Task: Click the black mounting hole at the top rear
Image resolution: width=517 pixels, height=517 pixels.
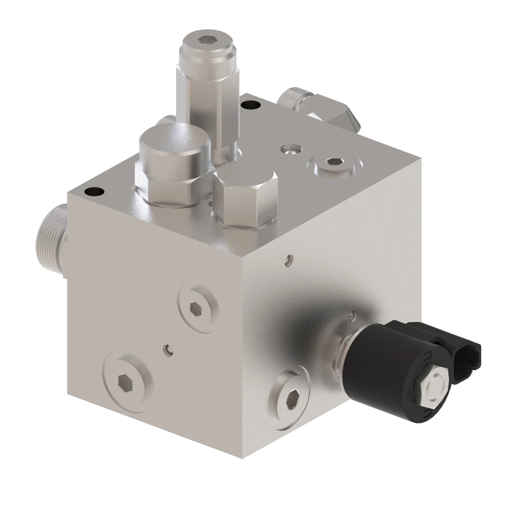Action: [250, 104]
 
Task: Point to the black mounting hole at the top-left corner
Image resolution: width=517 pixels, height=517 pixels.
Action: [94, 192]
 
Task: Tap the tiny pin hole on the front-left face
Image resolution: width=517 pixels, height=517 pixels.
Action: [168, 349]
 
